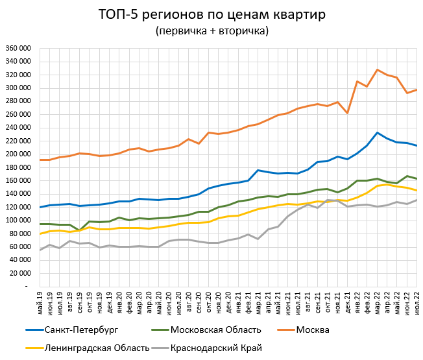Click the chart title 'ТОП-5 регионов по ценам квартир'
(x=211, y=14)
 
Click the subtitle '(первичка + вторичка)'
(x=211, y=30)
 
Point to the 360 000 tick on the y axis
(x=18, y=49)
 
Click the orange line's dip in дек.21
(x=347, y=113)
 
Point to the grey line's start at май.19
(x=40, y=250)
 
